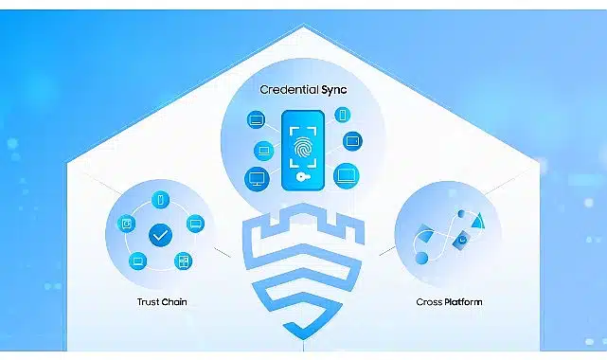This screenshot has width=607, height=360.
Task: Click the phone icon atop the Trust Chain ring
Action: coord(161,200)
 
